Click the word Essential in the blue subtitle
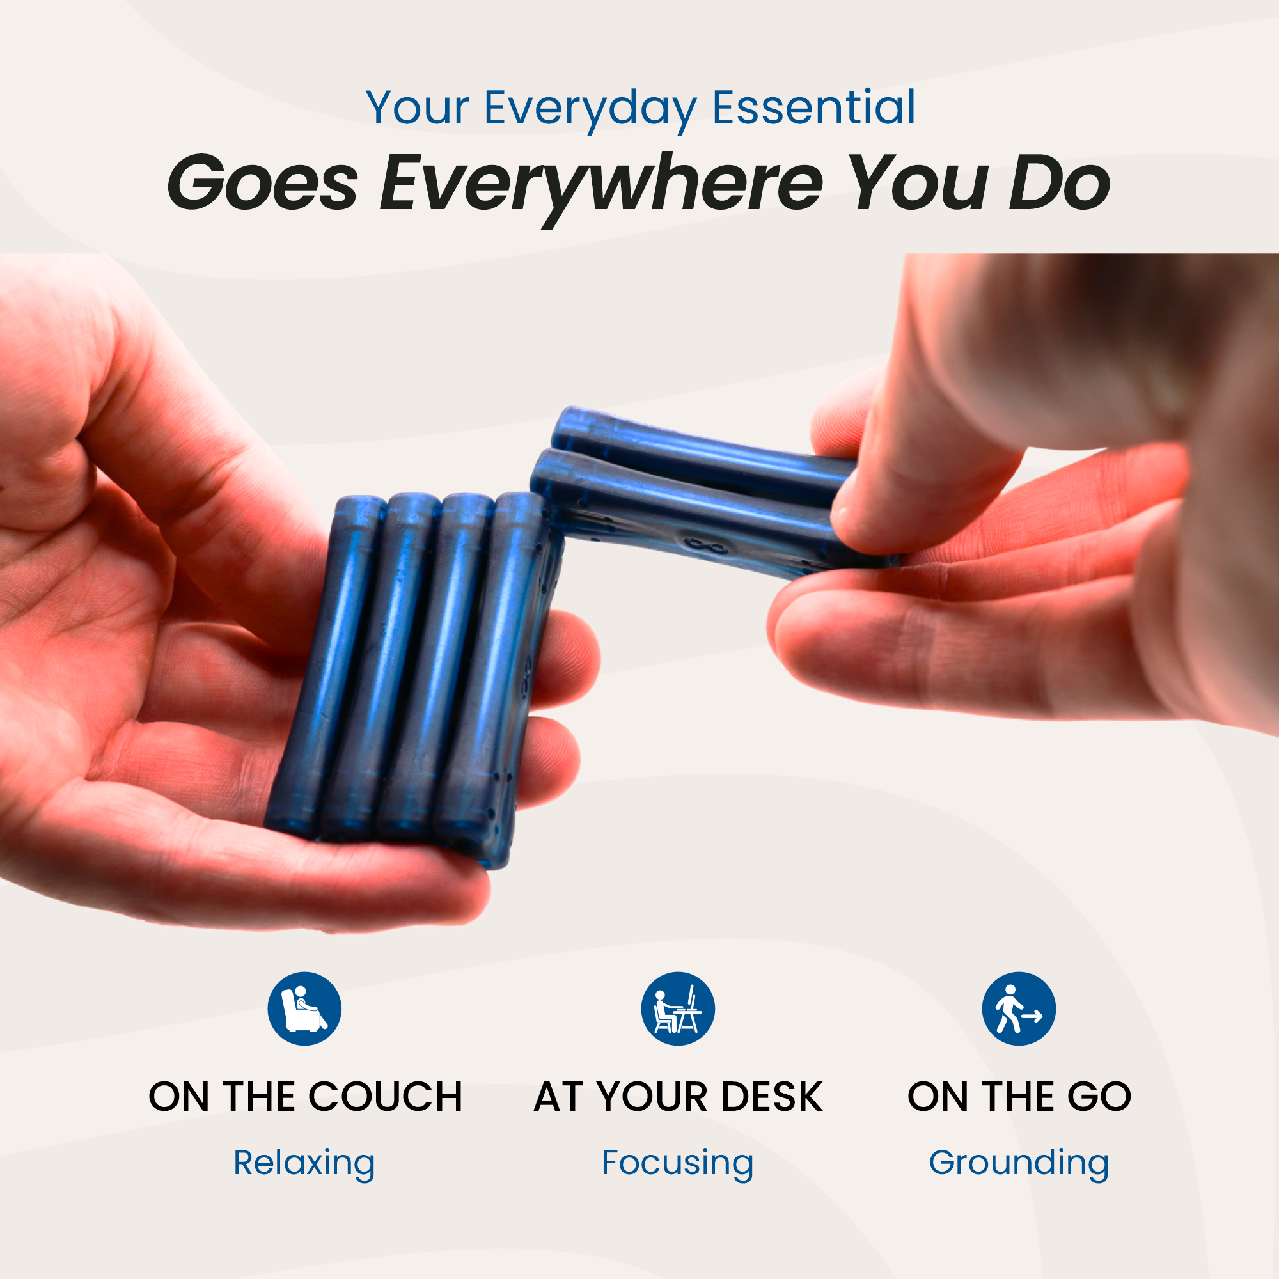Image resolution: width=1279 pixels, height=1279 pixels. (x=813, y=107)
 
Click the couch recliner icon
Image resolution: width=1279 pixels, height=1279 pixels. (x=304, y=1009)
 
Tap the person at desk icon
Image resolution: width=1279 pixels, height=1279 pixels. (x=678, y=1009)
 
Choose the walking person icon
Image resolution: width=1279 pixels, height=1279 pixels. (x=1019, y=1009)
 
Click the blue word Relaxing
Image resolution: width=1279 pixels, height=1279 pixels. (x=304, y=1163)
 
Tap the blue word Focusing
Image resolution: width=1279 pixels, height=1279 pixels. (x=677, y=1163)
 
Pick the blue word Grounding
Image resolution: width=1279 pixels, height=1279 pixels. (x=1019, y=1163)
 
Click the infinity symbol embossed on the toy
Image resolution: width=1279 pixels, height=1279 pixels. (x=706, y=546)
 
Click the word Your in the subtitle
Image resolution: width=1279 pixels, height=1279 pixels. (x=417, y=107)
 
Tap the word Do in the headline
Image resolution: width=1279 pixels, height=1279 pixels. (x=1059, y=182)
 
